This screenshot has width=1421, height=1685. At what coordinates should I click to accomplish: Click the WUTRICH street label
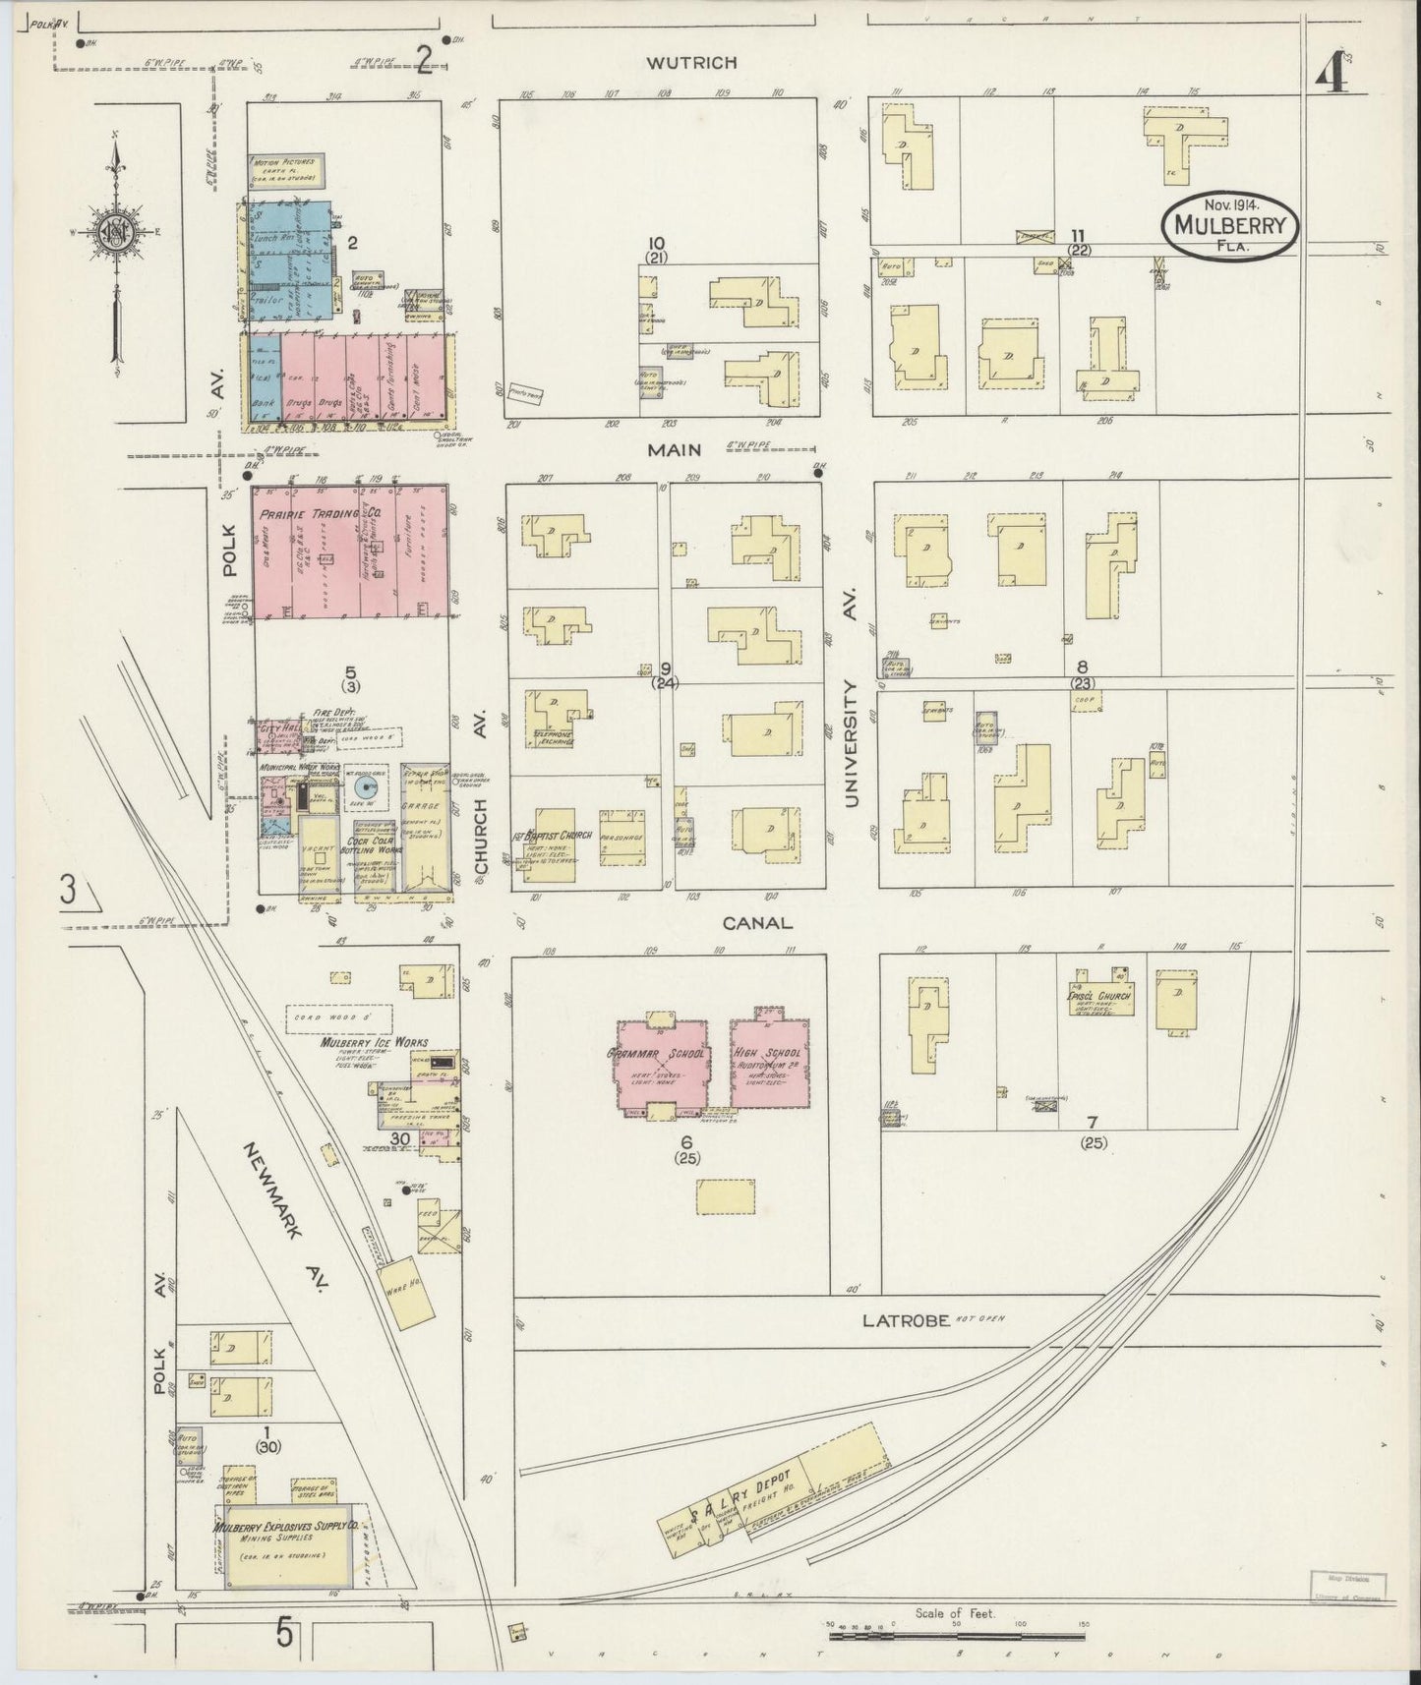point(691,63)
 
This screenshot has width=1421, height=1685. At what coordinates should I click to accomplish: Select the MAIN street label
point(674,449)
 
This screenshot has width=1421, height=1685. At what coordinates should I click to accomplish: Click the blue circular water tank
point(370,787)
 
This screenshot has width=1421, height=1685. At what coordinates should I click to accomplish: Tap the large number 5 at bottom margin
point(284,1635)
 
